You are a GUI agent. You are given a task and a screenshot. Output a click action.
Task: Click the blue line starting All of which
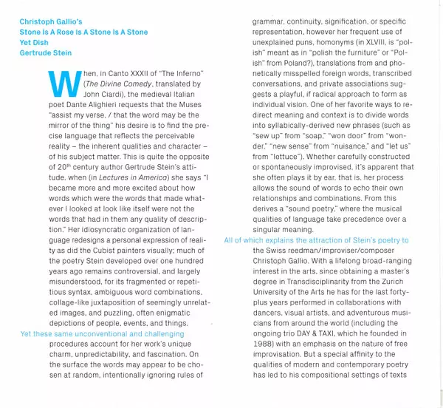(x=316, y=240)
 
